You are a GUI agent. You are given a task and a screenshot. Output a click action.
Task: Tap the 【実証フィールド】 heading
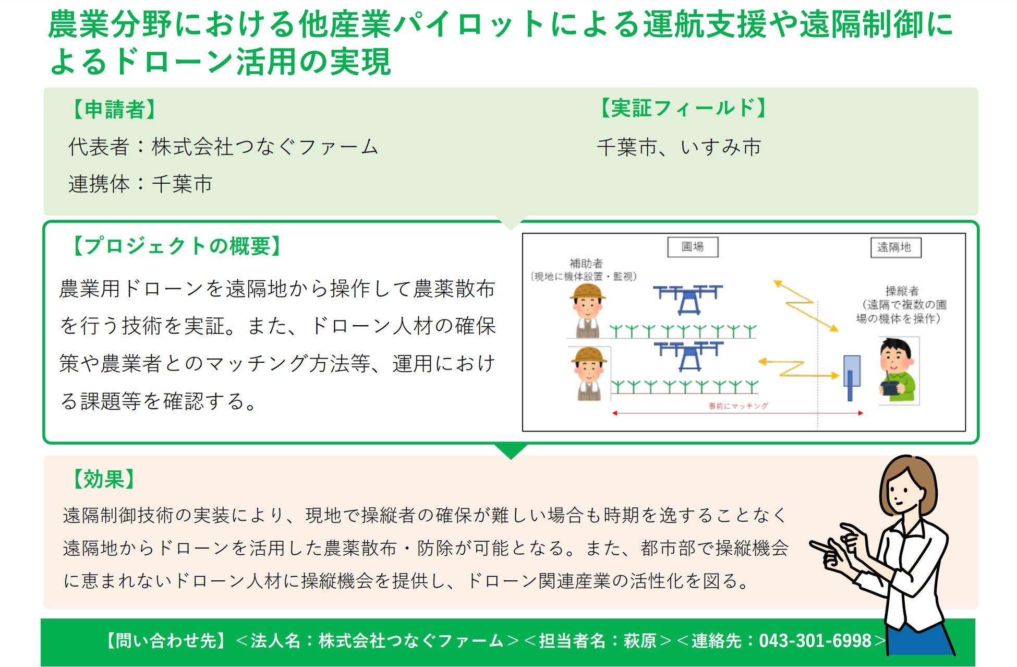point(683,108)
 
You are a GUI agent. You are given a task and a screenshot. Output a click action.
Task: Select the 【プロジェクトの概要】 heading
point(176,245)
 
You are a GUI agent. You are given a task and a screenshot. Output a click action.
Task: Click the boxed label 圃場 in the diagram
point(693,247)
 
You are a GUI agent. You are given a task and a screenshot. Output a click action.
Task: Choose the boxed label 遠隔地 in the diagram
point(895,247)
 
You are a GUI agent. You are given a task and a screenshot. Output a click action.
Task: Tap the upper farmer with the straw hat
point(587,311)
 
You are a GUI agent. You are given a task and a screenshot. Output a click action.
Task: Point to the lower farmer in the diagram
point(589,374)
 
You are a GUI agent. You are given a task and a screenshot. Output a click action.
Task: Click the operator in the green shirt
point(897,370)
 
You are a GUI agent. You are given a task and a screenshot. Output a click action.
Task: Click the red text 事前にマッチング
point(738,406)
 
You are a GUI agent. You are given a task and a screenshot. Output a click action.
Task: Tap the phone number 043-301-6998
point(815,640)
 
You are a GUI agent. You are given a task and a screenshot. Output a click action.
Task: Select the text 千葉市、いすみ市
point(679,147)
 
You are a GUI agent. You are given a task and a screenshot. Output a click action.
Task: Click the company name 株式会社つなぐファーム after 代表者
point(265,147)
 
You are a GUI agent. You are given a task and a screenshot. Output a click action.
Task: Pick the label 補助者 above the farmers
point(586,263)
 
